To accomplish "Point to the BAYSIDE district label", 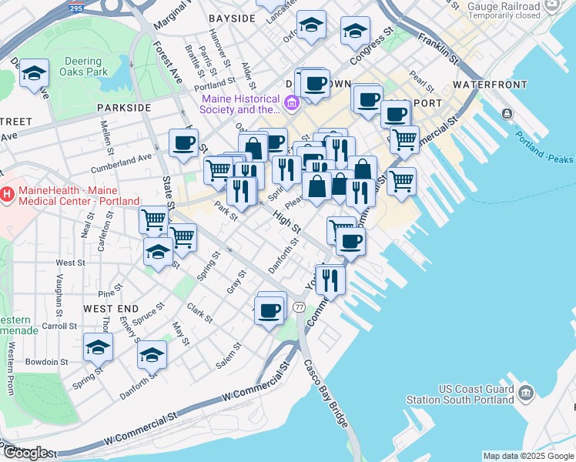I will pos(232,18).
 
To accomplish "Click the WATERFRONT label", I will pos(490,84).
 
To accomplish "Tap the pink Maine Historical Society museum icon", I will pos(292,102).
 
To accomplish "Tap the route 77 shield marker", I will pos(298,307).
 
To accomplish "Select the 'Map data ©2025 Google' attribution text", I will pos(527,456).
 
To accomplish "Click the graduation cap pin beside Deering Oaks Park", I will pos(35,74).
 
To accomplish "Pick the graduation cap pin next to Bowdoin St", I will pos(98,348).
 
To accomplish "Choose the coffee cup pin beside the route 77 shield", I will pos(270,310).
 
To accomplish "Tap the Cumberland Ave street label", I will pos(122,159).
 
